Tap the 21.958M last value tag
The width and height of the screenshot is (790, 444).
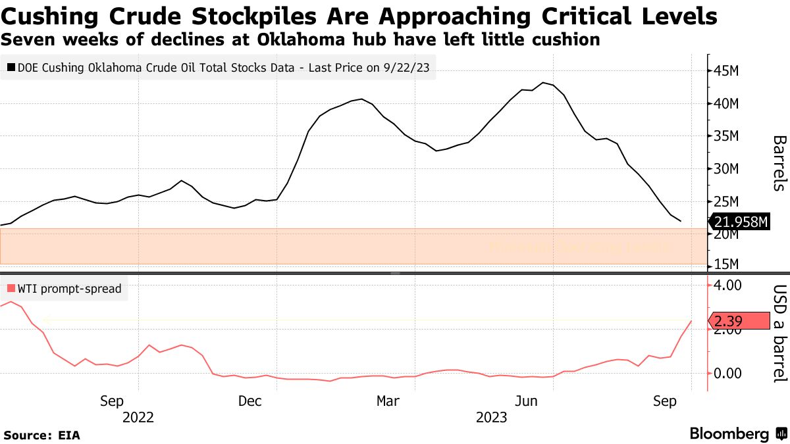pyautogui.click(x=739, y=222)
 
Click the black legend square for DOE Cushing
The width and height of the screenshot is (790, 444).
pyautogui.click(x=11, y=66)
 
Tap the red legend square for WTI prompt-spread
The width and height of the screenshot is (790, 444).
pyautogui.click(x=11, y=288)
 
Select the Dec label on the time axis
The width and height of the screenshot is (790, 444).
pyautogui.click(x=250, y=401)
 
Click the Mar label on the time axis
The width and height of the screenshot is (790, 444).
pyautogui.click(x=388, y=401)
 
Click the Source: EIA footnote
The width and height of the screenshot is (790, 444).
pyautogui.click(x=41, y=435)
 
